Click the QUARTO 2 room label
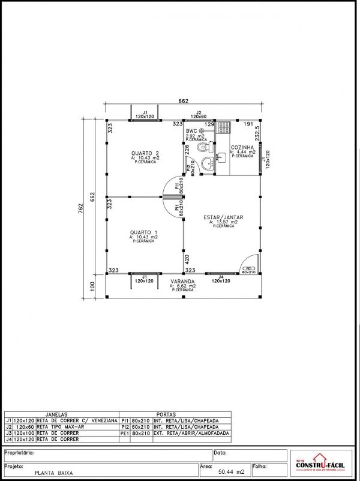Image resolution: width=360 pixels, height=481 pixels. pos(145,153)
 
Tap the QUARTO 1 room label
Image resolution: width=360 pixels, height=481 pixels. pos(143,232)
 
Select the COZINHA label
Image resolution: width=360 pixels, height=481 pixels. pos(242,147)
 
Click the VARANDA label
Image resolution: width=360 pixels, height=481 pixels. pos(182,281)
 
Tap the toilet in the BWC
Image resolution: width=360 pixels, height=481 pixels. pos(204,147)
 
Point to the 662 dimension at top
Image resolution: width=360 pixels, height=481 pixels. pos(184,101)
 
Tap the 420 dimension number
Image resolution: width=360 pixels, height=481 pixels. pos(187,260)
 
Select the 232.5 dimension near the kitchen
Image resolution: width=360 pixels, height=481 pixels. pos(257,132)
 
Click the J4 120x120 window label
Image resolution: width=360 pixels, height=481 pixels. pos(221,279)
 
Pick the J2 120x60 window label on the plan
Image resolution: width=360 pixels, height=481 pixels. pos(199,114)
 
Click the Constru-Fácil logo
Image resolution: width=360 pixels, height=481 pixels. pos(321,464)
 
